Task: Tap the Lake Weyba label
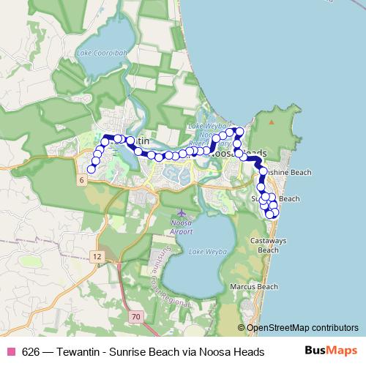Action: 205,252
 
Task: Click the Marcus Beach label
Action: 253,286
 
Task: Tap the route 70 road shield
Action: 135,316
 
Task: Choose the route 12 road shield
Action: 97,256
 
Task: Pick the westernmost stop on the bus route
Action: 91,170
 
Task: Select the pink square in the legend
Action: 11,351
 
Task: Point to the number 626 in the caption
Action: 31,351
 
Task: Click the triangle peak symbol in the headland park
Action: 272,122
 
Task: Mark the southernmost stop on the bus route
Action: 270,214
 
